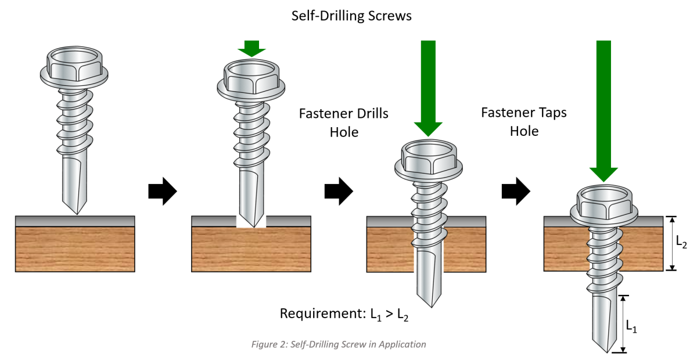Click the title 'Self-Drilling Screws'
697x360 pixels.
pyautogui.click(x=351, y=16)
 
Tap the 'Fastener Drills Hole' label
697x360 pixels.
pyautogui.click(x=343, y=123)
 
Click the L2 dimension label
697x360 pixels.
pyautogui.click(x=681, y=244)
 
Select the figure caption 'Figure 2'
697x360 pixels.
pyautogui.click(x=339, y=344)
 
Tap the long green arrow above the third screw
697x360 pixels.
pyautogui.click(x=428, y=87)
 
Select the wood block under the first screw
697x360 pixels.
pyautogui.click(x=75, y=249)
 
